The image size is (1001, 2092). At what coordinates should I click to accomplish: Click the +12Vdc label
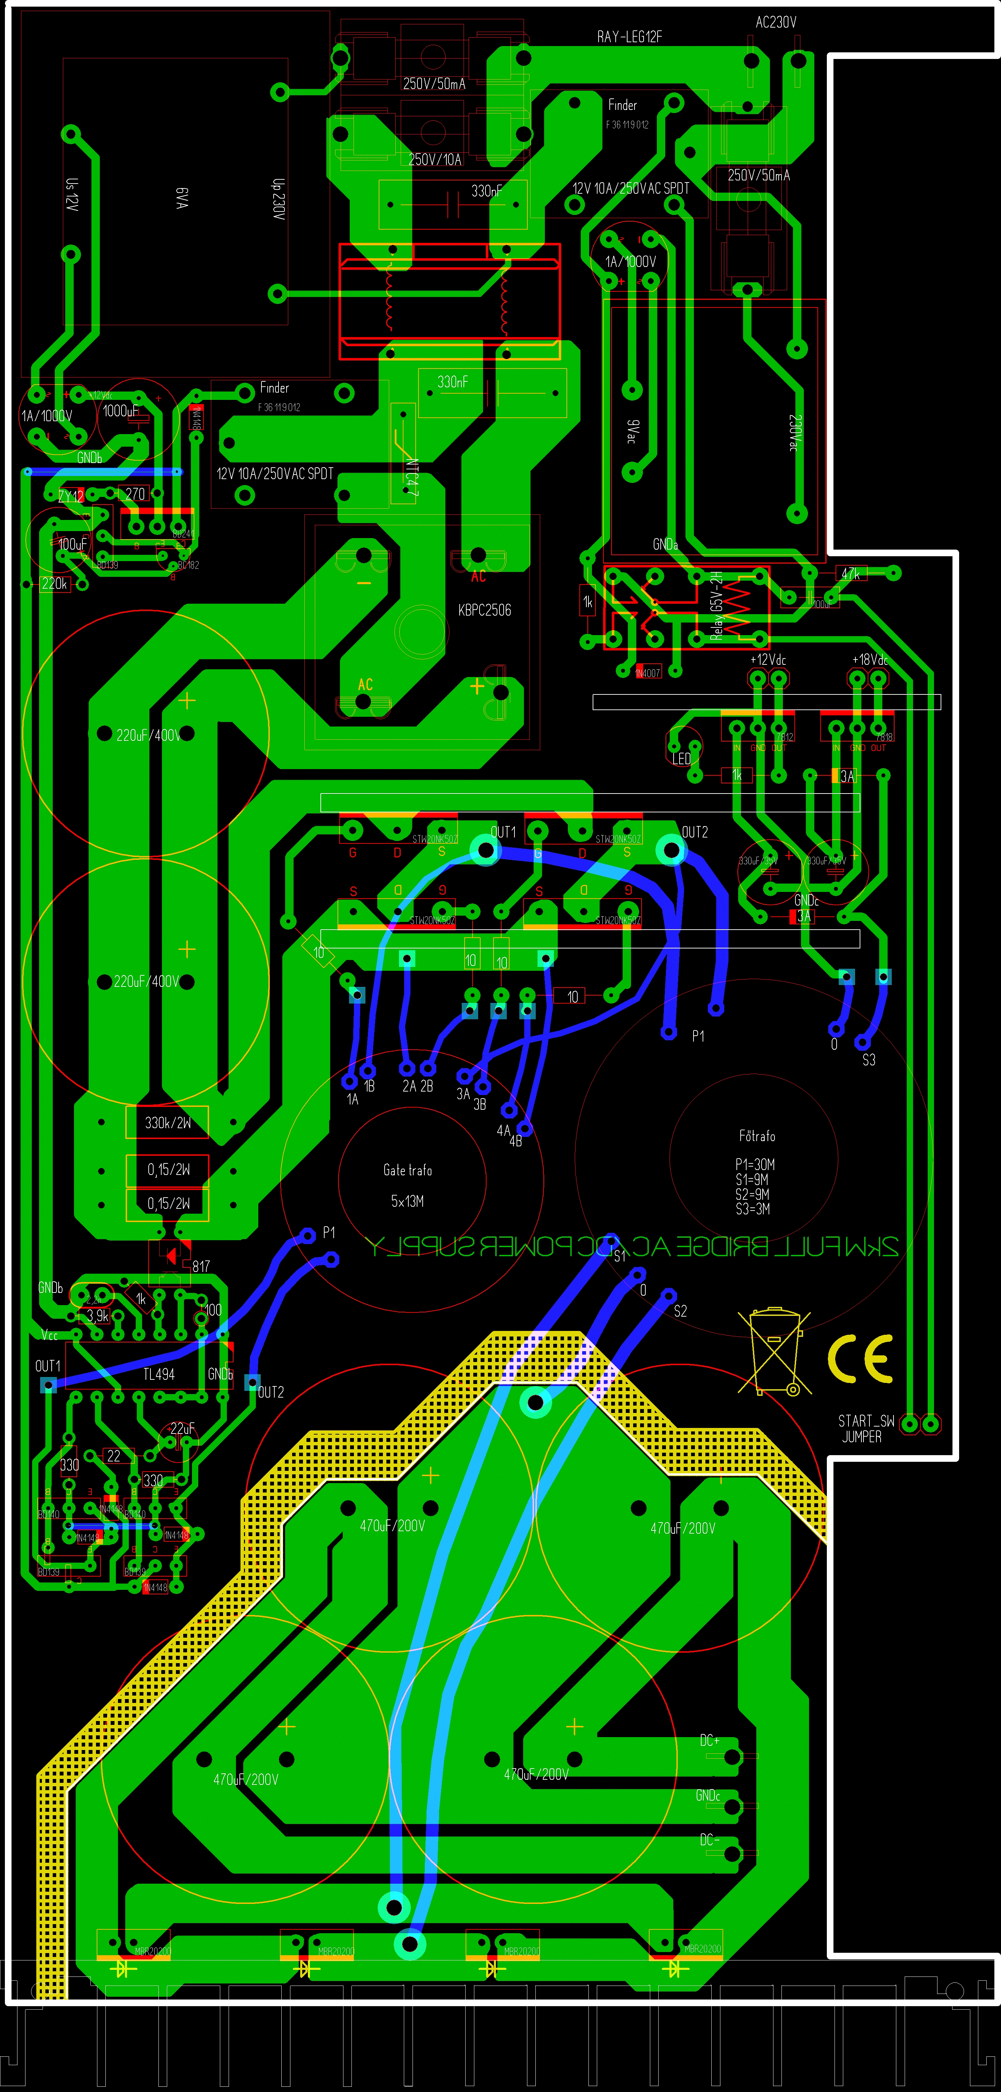tap(768, 660)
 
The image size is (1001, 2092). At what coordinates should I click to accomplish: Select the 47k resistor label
tap(850, 573)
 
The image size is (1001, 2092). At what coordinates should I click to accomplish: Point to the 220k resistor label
tap(54, 583)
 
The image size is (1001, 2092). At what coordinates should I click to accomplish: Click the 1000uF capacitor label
tap(120, 411)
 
